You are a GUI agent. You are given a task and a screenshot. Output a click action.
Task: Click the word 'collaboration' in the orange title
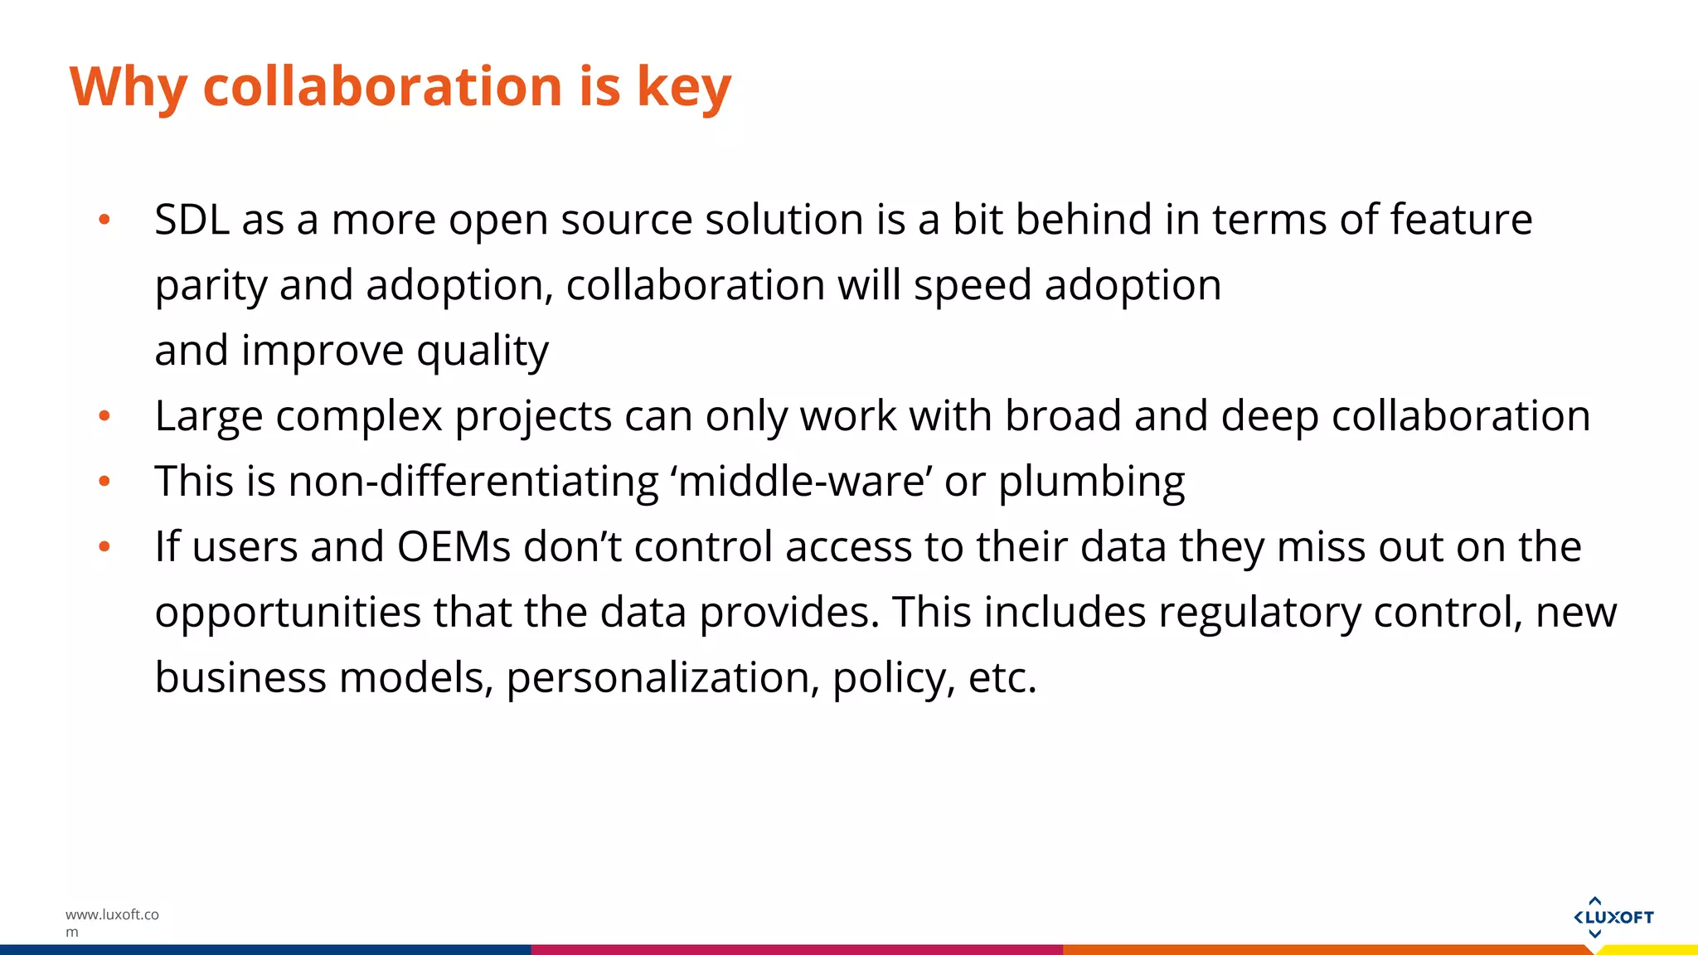tap(384, 85)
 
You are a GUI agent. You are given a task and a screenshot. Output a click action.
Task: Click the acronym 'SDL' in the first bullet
tap(192, 220)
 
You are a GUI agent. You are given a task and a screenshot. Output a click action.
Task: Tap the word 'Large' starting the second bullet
tap(208, 416)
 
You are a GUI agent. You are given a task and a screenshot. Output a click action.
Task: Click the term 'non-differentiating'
tap(473, 481)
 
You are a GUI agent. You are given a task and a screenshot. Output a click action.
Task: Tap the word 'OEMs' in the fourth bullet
tap(454, 546)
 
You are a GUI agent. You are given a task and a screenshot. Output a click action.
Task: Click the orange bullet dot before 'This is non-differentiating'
tap(104, 482)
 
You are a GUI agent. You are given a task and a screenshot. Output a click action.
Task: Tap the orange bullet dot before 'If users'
tap(104, 547)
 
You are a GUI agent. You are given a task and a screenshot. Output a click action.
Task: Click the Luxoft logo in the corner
tap(1613, 917)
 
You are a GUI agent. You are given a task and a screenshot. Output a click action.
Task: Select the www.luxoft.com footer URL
tap(111, 922)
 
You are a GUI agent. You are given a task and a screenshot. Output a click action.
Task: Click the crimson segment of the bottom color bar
tap(796, 950)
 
